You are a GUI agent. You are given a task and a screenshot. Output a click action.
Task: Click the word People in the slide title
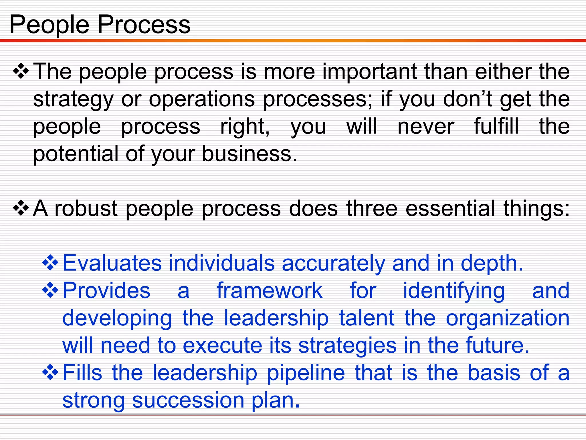tap(49, 25)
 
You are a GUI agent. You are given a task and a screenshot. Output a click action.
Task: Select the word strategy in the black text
tap(73, 100)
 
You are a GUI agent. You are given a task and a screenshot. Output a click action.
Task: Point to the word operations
tap(202, 100)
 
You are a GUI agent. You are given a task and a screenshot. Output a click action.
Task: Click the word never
tap(426, 127)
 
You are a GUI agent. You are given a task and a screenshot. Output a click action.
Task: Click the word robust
tap(86, 209)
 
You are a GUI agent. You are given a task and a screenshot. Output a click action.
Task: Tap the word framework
tap(270, 291)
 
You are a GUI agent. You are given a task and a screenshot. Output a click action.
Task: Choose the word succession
tap(188, 400)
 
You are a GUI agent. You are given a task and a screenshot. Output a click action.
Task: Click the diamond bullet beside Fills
tap(50, 372)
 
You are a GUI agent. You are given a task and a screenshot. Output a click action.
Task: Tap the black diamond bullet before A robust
tap(21, 208)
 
